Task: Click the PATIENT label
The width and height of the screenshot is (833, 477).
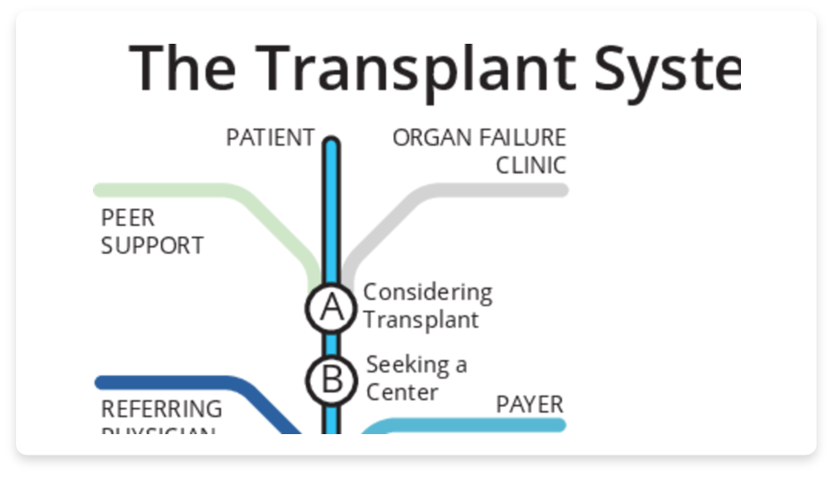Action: (270, 138)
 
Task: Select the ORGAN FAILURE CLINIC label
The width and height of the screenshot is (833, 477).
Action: (480, 152)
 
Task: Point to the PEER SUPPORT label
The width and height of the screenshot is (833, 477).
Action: (152, 231)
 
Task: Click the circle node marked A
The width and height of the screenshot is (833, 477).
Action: (332, 307)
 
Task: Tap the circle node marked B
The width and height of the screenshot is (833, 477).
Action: (332, 380)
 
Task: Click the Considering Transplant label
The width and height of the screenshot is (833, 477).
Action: (427, 305)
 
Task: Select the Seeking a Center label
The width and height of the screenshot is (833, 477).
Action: (416, 378)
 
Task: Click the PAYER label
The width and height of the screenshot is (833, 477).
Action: (530, 405)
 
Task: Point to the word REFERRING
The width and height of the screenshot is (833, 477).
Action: (162, 409)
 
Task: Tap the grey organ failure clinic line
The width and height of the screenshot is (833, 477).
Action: (501, 189)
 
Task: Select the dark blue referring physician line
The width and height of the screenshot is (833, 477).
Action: (179, 383)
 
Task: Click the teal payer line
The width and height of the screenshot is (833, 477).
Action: (474, 425)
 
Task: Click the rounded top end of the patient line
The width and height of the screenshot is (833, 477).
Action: (332, 143)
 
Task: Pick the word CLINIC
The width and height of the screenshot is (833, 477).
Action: (531, 165)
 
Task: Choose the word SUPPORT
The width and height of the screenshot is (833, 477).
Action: (152, 245)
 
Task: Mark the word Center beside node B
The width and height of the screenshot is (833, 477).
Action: (402, 392)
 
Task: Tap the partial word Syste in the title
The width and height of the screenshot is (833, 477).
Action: (662, 67)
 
